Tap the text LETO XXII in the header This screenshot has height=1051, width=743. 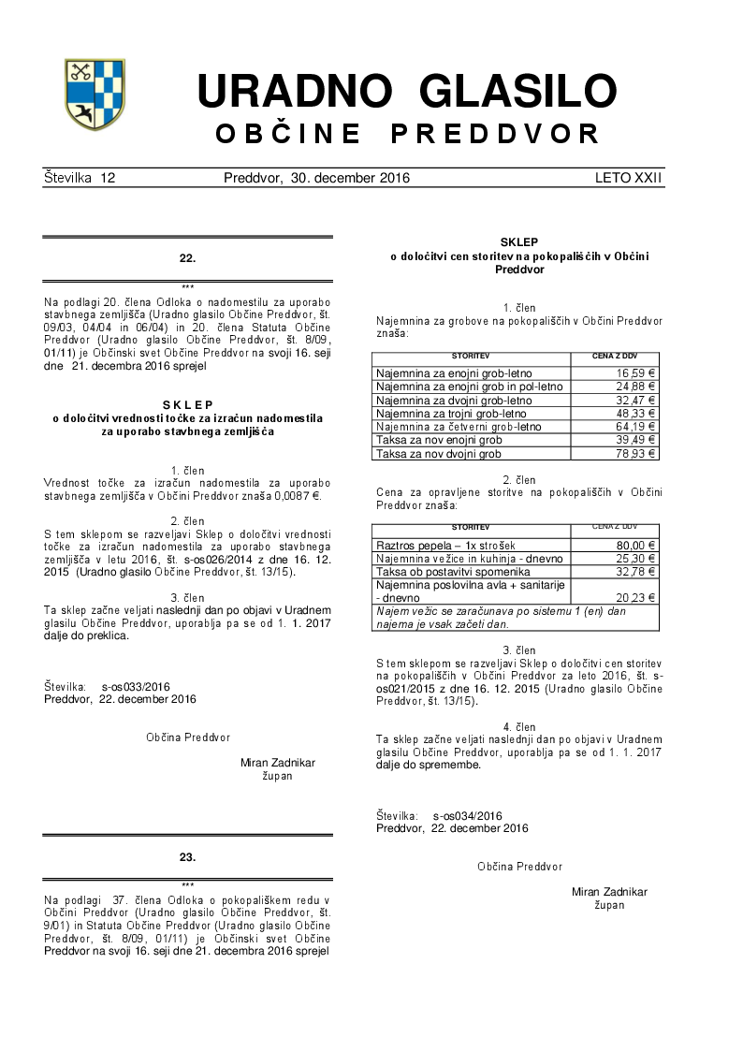pos(629,178)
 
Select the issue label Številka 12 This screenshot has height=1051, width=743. pos(80,178)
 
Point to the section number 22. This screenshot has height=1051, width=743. pos(187,257)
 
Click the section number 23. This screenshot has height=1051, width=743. pos(187,856)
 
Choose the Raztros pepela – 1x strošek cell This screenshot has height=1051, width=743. pos(445,546)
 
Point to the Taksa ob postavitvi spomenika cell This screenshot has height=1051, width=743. pos(451,572)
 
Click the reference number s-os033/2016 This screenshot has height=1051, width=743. pos(137,686)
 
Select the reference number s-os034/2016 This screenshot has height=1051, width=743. pos(468,816)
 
